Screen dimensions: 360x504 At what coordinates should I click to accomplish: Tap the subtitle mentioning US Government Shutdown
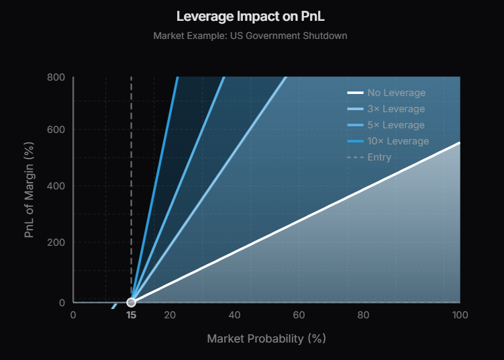250,35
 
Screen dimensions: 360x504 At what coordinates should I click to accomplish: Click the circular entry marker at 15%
132,302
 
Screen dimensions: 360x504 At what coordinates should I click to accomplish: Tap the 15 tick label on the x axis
132,316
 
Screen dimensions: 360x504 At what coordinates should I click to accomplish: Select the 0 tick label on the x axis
73,316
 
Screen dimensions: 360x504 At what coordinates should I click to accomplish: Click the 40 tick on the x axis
234,316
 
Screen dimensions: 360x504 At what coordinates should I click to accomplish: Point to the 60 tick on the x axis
299,316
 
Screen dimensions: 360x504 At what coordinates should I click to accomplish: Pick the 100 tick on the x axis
460,316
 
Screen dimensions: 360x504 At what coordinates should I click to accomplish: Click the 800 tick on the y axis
56,77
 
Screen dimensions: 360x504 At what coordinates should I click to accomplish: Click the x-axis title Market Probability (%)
266,339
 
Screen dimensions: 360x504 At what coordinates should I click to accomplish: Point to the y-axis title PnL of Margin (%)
29,189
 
